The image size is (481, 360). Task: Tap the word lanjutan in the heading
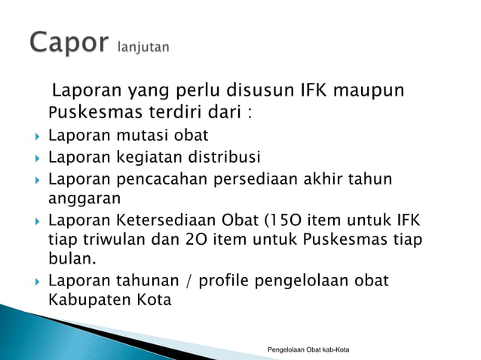pos(143,47)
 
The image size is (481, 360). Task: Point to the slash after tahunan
pos(189,281)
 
